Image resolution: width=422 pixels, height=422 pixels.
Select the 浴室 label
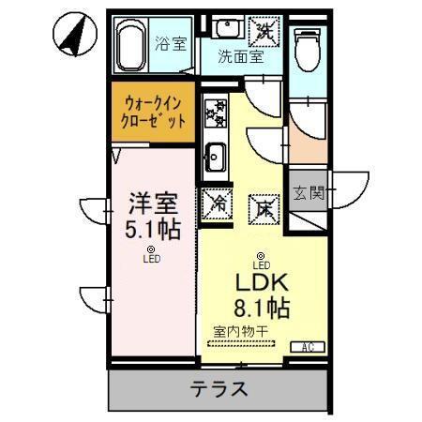point(170,42)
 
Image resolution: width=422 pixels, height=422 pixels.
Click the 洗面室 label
point(241,55)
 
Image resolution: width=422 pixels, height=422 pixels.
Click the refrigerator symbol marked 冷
point(217,201)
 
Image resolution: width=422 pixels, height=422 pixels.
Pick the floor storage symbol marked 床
point(264,207)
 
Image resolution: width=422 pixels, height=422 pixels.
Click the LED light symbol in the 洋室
point(150,249)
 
